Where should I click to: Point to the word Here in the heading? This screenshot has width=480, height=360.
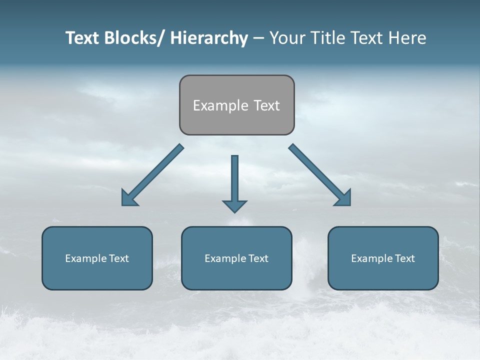click(x=407, y=38)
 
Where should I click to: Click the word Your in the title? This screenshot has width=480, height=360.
click(x=286, y=38)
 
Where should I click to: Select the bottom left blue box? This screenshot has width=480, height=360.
click(x=97, y=275)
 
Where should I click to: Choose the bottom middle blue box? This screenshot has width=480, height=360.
click(x=236, y=275)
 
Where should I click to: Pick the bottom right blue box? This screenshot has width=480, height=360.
click(x=383, y=275)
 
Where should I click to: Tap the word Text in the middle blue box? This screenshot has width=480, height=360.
click(x=258, y=258)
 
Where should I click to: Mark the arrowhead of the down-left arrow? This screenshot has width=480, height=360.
click(x=128, y=198)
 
